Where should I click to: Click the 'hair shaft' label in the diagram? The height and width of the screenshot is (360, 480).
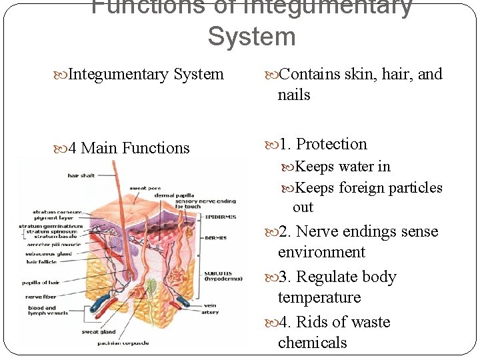click(x=81, y=176)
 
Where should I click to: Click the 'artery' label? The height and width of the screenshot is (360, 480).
click(x=210, y=312)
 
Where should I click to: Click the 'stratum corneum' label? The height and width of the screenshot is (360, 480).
click(x=57, y=213)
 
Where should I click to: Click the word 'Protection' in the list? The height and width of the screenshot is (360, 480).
click(x=331, y=145)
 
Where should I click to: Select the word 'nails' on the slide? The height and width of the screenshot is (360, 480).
click(x=294, y=95)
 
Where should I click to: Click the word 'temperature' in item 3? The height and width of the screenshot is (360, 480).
click(x=319, y=297)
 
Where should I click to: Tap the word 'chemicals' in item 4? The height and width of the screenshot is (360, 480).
click(x=312, y=343)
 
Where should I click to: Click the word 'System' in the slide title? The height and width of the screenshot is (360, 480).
click(x=251, y=37)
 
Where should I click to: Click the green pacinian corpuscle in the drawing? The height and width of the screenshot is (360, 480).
click(x=152, y=289)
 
